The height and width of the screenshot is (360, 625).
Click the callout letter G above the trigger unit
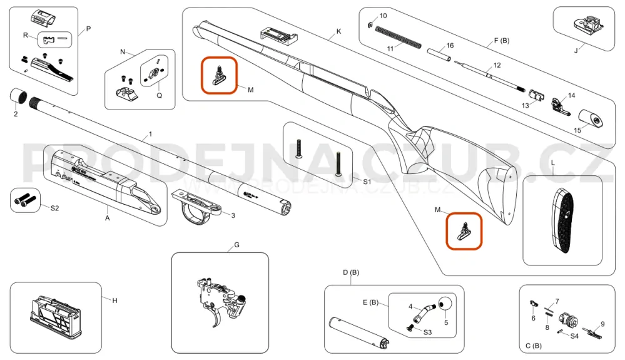[237, 244]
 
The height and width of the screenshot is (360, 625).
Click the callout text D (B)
[350, 272]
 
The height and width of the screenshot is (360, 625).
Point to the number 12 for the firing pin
[497, 64]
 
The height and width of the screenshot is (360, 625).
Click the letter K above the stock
[338, 31]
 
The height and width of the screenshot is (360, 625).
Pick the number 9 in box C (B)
[602, 324]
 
